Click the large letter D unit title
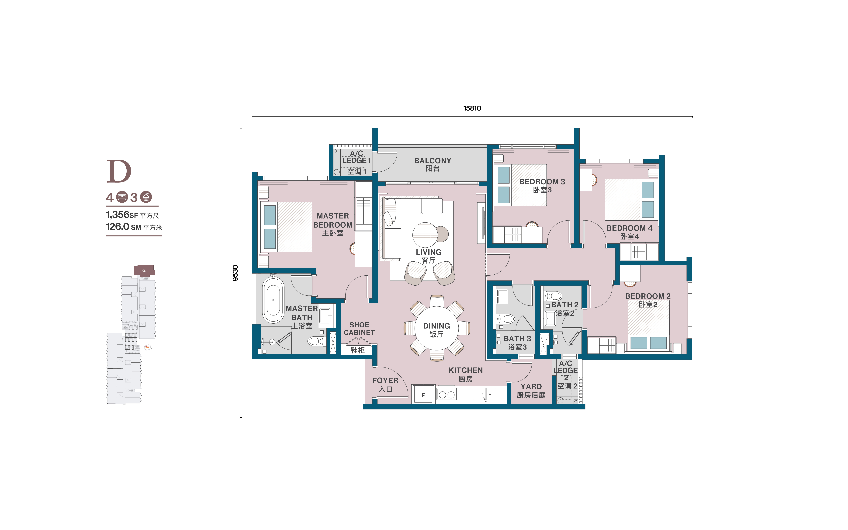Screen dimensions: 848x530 coord(119,171)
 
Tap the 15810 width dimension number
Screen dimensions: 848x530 coord(472,108)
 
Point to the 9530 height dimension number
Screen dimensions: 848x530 coord(235,273)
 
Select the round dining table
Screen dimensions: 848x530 coord(437,328)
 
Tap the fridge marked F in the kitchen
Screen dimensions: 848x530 coord(423,395)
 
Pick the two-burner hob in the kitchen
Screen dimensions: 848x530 coord(446,394)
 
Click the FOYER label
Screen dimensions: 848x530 coord(385,380)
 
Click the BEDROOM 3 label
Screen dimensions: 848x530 coord(542,182)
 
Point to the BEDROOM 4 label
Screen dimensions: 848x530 coord(629,228)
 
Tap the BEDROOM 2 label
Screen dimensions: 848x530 coord(648,296)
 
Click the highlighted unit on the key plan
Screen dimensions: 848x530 coord(144,270)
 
